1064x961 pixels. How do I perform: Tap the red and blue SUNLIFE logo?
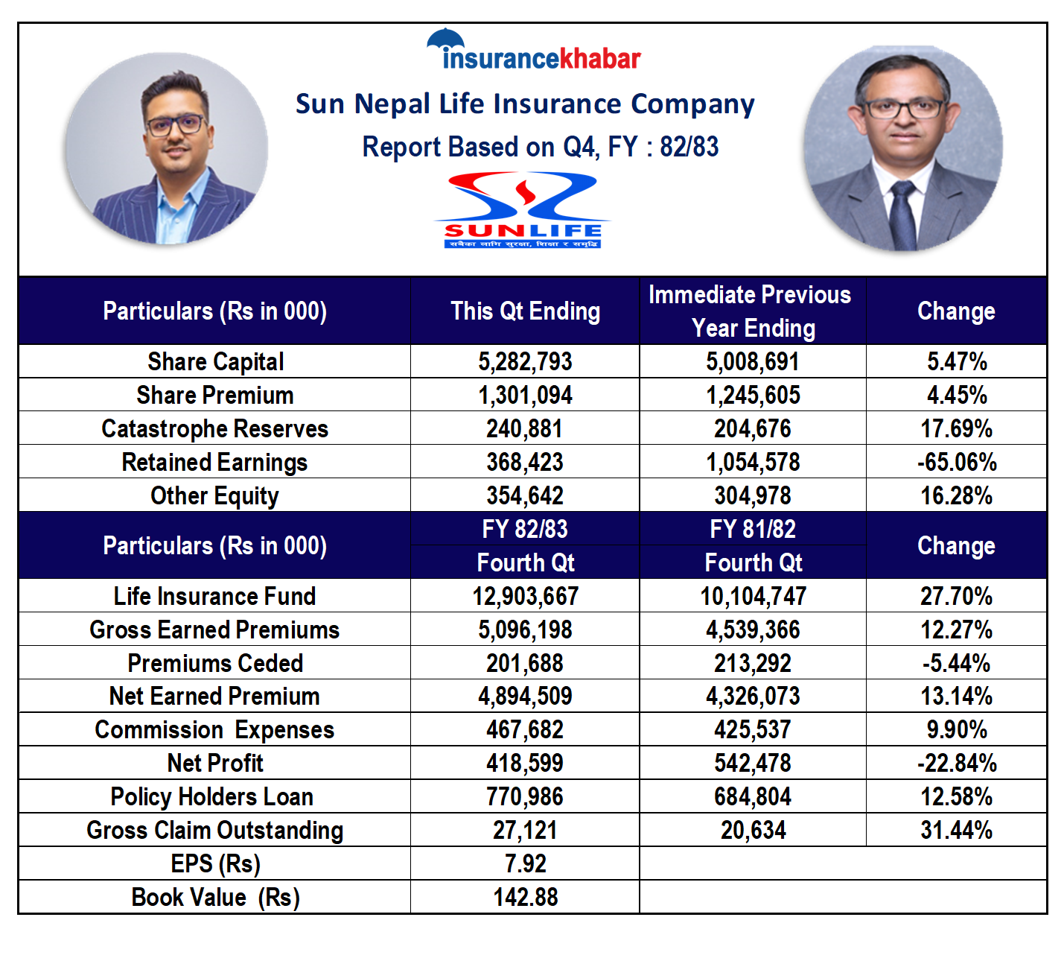click(x=523, y=210)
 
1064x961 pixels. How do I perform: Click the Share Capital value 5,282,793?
click(x=525, y=362)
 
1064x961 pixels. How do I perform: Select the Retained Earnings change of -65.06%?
click(x=957, y=463)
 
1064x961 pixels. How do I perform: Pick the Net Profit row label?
click(x=215, y=764)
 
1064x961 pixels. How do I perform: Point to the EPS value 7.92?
click(x=525, y=864)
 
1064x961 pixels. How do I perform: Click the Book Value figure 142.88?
click(x=525, y=898)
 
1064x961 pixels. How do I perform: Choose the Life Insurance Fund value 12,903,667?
click(x=525, y=596)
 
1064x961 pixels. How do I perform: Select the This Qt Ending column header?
click(x=525, y=311)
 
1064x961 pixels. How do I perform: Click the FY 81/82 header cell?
click(x=753, y=530)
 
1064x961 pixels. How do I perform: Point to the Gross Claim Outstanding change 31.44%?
click(x=957, y=831)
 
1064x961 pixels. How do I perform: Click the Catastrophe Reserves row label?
click(x=215, y=429)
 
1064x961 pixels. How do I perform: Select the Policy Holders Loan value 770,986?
click(x=525, y=797)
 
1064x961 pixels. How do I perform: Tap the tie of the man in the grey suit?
click(x=902, y=215)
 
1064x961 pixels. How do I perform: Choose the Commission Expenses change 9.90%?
click(x=957, y=730)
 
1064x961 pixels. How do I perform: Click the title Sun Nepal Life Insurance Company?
click(x=525, y=104)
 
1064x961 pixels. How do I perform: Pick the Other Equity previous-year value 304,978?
click(x=753, y=496)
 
